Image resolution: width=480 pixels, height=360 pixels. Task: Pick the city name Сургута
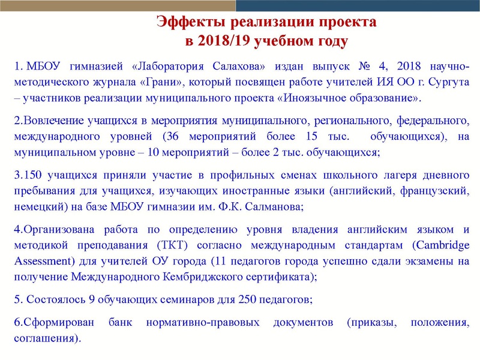448,82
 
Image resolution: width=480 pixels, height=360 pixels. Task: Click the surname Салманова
271,208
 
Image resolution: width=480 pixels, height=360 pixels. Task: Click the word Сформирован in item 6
55,323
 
